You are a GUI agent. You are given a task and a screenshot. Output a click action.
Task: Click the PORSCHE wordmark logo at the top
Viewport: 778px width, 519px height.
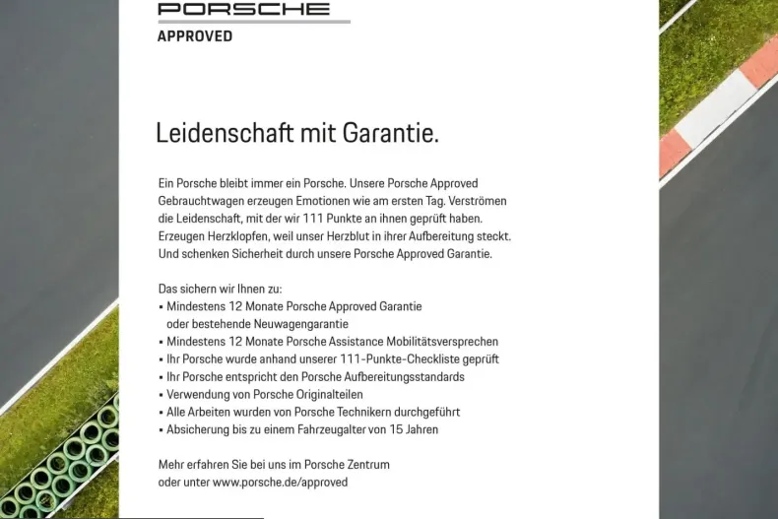[244, 9]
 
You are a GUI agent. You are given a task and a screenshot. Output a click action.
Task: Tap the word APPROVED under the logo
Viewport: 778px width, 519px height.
[195, 36]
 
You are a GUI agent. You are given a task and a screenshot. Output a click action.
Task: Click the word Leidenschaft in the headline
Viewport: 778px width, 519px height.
[217, 133]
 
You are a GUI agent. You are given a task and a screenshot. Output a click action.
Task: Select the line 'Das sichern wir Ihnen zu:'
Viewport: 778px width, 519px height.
[220, 289]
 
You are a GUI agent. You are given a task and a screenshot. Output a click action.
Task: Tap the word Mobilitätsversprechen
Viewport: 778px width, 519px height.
[442, 342]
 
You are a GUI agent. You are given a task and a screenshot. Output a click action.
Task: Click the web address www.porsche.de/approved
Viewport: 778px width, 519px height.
[280, 483]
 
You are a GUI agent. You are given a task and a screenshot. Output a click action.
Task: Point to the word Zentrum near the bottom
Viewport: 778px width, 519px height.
[365, 465]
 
